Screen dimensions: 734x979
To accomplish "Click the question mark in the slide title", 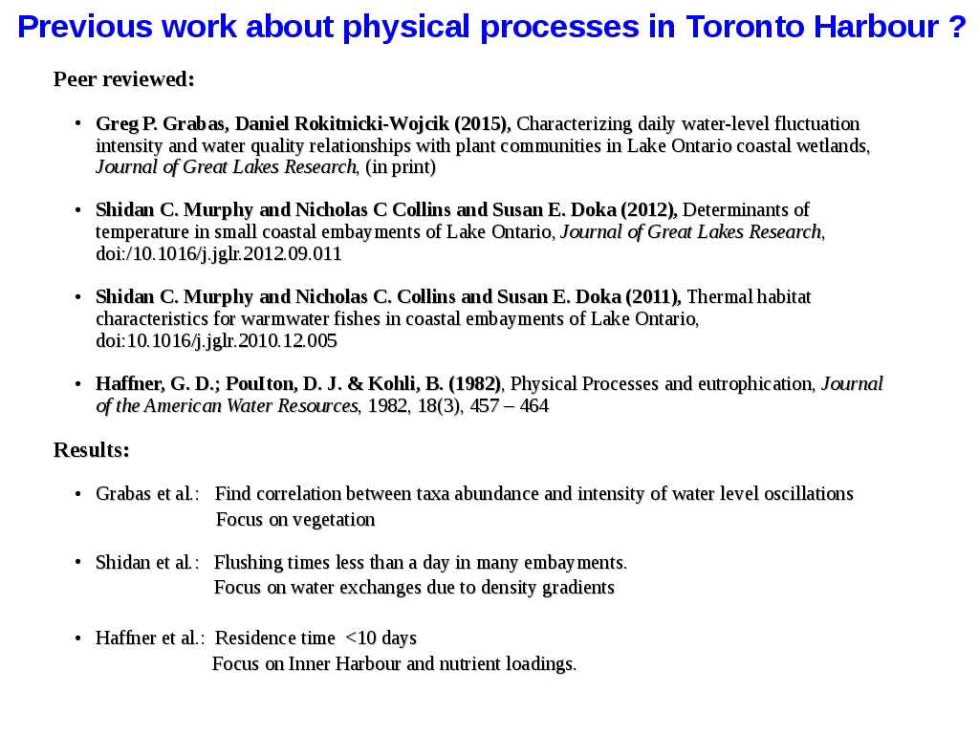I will click(x=958, y=28).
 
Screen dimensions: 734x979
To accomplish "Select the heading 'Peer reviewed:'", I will click(x=124, y=79).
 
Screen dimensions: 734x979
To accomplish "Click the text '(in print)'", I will click(x=401, y=167).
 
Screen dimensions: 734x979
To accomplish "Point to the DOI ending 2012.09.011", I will click(x=219, y=254).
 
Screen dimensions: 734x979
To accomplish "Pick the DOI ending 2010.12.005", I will click(x=217, y=341).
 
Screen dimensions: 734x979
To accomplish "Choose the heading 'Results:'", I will click(x=92, y=450).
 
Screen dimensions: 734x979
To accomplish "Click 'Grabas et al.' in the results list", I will click(x=147, y=494).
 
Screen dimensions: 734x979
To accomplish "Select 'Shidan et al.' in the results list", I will click(x=147, y=563).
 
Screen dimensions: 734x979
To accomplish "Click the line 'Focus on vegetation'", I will click(x=295, y=520).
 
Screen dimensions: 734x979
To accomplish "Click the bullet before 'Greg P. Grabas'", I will click(x=77, y=124).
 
